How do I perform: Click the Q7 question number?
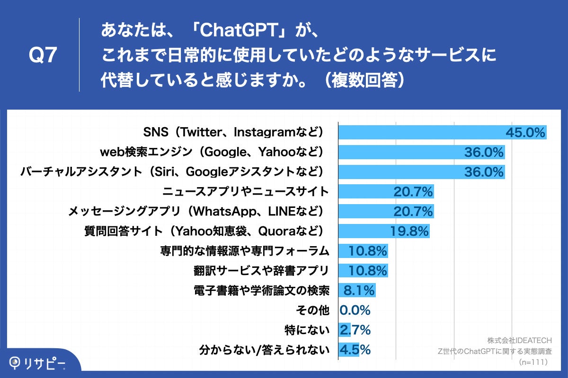coord(43,56)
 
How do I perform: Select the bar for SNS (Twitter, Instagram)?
coord(442,132)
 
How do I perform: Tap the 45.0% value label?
coord(525,132)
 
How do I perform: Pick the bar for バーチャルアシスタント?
coord(421,172)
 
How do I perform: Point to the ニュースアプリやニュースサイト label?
coord(245,191)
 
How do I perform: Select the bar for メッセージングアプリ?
coord(386,211)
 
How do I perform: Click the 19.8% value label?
coord(409,231)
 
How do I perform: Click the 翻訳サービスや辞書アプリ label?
coord(261,271)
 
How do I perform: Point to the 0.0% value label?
coord(355,310)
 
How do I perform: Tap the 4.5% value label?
coord(355,350)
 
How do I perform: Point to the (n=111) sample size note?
coord(533,362)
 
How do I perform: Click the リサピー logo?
coord(38,363)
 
